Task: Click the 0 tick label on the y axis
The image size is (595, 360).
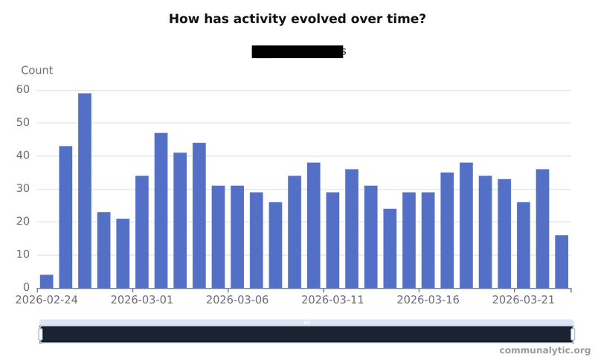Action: tap(26, 287)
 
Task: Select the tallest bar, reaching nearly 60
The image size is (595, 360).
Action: tap(84, 190)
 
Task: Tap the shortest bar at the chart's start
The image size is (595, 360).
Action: tap(46, 280)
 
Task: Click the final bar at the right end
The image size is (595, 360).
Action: tap(562, 260)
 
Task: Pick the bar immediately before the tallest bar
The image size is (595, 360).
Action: tap(65, 216)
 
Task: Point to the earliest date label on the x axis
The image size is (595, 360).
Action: tap(48, 300)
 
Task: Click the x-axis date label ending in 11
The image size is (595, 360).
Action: tap(332, 300)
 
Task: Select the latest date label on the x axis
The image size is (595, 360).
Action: tap(523, 300)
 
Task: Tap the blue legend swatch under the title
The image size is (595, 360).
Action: tap(263, 51)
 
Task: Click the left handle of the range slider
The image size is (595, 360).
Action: tap(39, 335)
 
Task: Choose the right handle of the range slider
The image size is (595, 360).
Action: tap(573, 335)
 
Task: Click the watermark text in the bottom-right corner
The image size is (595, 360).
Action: tap(545, 349)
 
